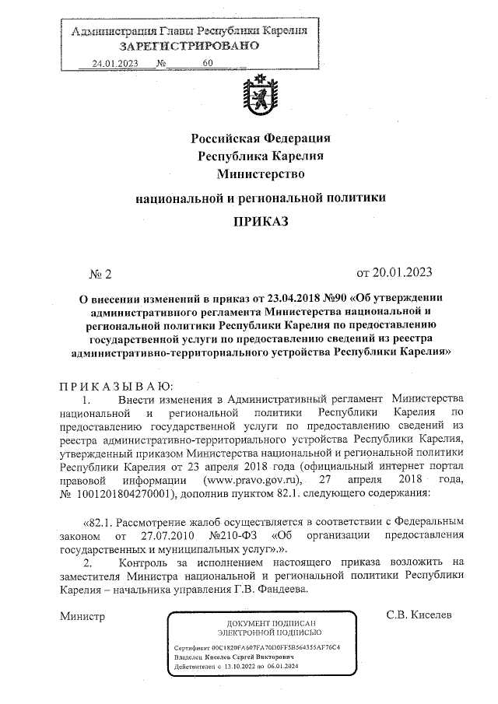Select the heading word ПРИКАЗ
click(x=261, y=222)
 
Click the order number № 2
click(x=101, y=274)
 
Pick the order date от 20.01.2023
click(x=393, y=273)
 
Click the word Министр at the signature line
click(x=82, y=616)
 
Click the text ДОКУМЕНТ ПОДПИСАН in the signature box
click(x=271, y=625)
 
